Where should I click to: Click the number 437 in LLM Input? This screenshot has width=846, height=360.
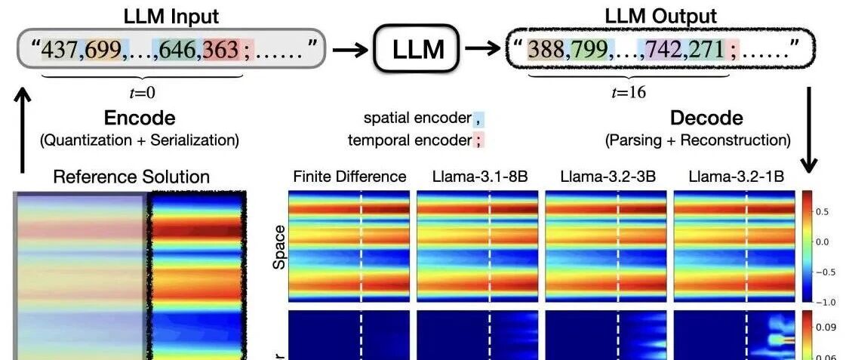pos(63,51)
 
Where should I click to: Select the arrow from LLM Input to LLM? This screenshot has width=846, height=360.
pos(349,51)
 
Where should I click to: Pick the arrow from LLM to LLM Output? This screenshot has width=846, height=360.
pos(483,51)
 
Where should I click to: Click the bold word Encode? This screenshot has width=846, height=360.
pos(139,118)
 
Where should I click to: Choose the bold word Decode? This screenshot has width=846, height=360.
pos(706,118)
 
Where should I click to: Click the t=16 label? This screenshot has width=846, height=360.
pos(628,93)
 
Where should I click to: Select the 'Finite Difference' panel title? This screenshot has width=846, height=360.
pos(349,177)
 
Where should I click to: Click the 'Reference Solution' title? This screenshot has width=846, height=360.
pos(131,177)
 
